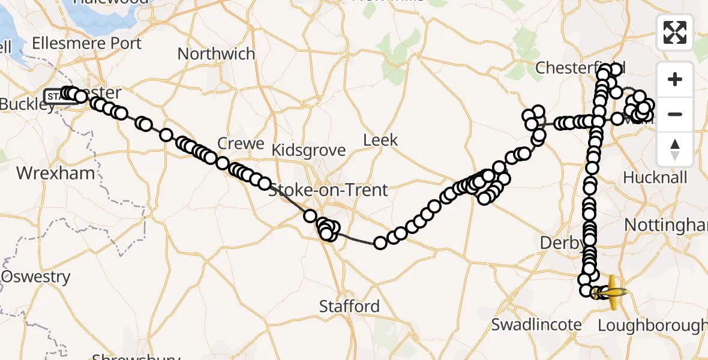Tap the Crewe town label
(241, 143)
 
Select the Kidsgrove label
(308, 150)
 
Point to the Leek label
(380, 140)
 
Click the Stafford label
(349, 307)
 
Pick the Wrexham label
(55, 173)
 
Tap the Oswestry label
(36, 277)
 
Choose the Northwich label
(216, 54)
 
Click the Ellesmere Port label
(86, 43)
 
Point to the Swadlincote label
(536, 325)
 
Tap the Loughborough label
(653, 326)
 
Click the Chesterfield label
(580, 68)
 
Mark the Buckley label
(27, 104)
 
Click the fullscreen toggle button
(675, 32)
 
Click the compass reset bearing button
(675, 149)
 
